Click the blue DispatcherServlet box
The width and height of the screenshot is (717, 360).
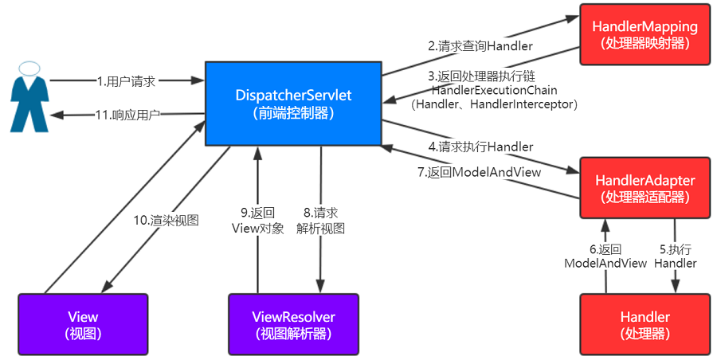point(293,104)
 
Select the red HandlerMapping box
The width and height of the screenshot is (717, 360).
point(645,34)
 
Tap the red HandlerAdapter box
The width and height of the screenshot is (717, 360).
point(644,188)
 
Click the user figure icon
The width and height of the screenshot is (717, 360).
point(29,96)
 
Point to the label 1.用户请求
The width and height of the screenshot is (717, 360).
point(126,80)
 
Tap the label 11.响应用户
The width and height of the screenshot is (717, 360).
point(127,115)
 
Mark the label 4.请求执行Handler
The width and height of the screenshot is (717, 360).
point(480,147)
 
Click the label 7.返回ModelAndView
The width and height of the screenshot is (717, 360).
point(480,172)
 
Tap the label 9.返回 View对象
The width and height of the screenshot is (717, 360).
point(257,221)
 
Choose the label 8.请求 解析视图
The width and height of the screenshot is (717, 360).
point(321,221)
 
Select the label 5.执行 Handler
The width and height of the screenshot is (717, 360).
point(676,255)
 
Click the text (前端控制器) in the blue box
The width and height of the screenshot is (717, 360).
point(293,114)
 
